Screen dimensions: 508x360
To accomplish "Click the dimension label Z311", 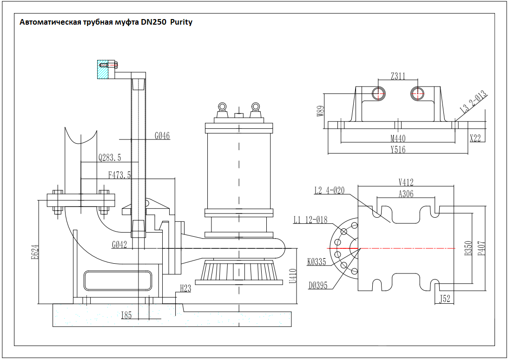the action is (398, 76).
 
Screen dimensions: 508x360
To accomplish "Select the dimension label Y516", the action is (398, 149).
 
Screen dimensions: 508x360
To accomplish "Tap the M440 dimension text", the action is (398, 139).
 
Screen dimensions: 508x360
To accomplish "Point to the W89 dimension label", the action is (320, 111).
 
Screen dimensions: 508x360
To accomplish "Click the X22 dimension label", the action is (475, 138).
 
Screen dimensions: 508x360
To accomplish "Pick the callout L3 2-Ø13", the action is (473, 101).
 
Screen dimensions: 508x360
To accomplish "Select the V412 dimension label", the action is (406, 182).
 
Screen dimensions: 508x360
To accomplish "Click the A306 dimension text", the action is (406, 193).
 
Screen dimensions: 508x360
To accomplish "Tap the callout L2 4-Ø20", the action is (330, 190).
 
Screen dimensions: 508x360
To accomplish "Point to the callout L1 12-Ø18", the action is (310, 220).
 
